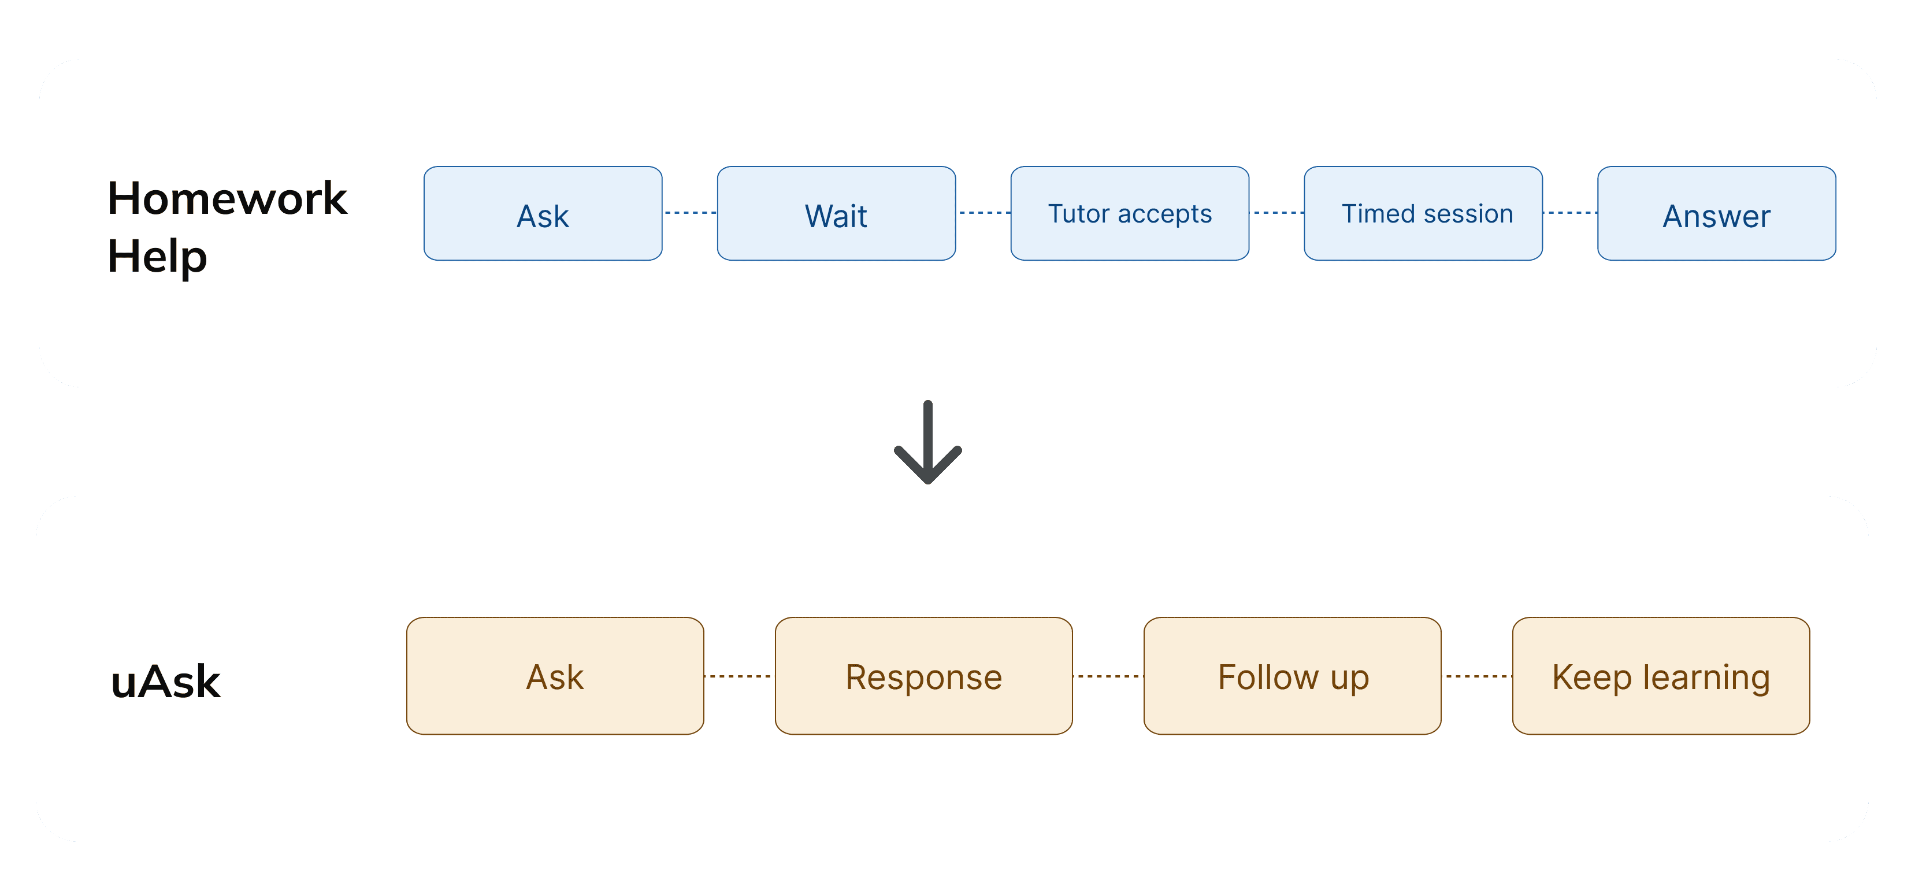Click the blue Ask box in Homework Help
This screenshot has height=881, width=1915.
pos(543,213)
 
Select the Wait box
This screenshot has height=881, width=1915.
pos(836,213)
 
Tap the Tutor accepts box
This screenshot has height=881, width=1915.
pos(1130,213)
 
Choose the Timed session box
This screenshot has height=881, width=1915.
pos(1424,213)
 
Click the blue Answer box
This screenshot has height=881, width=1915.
pos(1717,213)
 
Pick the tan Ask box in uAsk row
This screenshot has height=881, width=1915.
pos(555,676)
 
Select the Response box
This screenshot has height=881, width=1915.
pos(924,676)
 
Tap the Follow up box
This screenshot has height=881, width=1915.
pos(1293,676)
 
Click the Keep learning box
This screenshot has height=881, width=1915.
pos(1661,676)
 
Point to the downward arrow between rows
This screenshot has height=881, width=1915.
pos(928,442)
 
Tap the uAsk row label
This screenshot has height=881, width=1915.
pos(166,681)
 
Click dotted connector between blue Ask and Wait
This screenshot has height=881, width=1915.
pos(690,213)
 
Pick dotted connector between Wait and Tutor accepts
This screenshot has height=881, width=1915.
pos(984,213)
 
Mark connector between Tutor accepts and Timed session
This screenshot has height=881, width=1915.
pos(1277,213)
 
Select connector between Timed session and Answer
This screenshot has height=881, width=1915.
pos(1570,213)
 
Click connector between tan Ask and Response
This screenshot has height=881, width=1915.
pos(740,676)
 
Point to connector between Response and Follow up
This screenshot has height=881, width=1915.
pos(1108,676)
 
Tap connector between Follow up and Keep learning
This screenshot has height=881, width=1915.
pos(1477,676)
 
